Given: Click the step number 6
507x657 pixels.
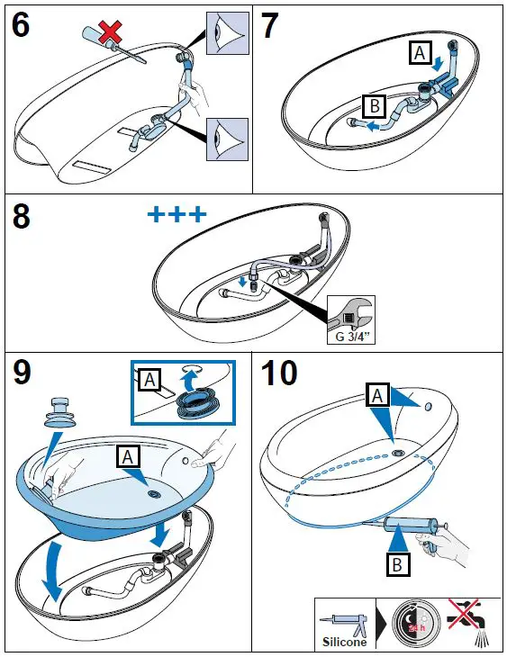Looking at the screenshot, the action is tap(21, 25).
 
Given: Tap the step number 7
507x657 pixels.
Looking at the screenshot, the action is tap(269, 25).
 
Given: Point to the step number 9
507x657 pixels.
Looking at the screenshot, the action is tap(22, 372).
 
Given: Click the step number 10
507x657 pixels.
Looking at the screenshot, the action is tap(279, 372).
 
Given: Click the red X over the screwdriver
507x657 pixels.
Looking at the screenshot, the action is tap(110, 33).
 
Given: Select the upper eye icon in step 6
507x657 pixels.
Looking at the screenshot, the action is tap(228, 33).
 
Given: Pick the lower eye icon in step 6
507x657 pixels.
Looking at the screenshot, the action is tap(227, 139).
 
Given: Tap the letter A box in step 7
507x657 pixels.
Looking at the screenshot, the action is tap(421, 54).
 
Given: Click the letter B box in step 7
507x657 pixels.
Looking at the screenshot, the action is tap(375, 106).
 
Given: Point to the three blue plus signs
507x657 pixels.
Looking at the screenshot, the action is tap(177, 214).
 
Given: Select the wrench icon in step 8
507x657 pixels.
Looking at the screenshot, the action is tap(350, 315).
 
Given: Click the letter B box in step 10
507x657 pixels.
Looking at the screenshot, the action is tap(397, 565).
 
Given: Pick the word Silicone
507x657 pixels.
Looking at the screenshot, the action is tap(344, 642).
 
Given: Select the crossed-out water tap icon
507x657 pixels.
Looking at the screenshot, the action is tap(470, 622).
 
